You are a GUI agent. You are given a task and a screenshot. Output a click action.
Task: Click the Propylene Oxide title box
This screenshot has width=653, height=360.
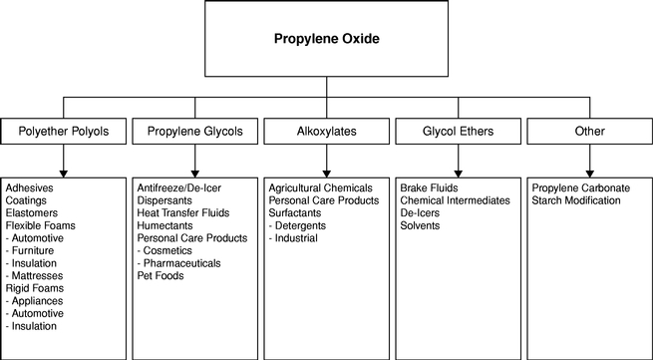327,38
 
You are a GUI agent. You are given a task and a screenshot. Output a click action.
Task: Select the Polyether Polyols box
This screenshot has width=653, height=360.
63,132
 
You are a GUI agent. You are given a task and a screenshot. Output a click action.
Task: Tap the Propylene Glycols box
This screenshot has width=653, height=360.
194,132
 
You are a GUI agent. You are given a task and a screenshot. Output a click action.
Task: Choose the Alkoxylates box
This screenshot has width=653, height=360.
327,132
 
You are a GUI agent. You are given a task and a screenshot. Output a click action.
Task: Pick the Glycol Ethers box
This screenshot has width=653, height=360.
459,132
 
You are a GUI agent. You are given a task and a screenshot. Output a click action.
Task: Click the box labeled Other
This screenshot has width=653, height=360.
590,132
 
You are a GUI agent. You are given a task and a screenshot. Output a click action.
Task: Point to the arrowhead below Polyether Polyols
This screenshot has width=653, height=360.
63,174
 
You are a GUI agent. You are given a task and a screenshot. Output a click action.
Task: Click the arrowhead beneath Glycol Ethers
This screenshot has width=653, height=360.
459,174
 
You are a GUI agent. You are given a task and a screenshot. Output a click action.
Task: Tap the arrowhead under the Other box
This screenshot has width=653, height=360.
590,174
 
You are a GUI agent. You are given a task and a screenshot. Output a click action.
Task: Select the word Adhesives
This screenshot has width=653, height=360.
30,187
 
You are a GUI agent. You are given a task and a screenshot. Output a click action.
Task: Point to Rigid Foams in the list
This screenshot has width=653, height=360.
35,288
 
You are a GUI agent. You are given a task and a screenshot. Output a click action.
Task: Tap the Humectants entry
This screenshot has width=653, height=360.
164,225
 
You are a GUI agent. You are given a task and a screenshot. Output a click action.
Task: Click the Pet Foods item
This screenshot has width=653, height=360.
161,276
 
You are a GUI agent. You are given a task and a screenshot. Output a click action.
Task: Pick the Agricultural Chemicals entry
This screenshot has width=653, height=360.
320,187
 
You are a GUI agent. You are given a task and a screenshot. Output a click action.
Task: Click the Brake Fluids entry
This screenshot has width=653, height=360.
429,187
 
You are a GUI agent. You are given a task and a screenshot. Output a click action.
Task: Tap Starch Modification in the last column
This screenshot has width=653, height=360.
576,200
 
